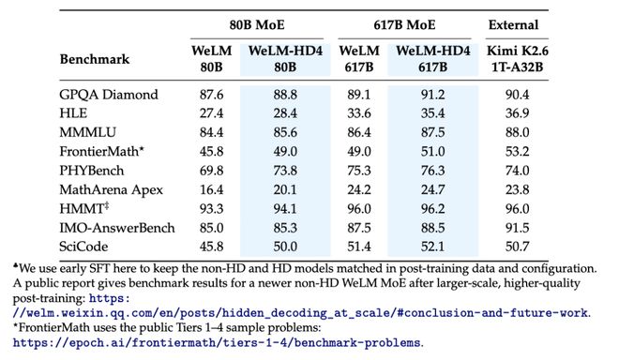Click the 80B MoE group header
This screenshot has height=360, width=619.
click(257, 25)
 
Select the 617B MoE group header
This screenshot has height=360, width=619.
click(404, 25)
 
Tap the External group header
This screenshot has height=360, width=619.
click(513, 25)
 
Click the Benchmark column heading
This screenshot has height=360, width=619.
click(95, 59)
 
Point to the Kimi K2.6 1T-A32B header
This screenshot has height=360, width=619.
click(517, 59)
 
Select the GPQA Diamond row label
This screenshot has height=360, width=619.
click(109, 95)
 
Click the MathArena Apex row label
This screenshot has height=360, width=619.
click(111, 190)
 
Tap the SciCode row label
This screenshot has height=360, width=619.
click(83, 247)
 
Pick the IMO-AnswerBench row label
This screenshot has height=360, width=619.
click(117, 228)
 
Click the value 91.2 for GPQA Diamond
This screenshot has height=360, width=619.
click(432, 95)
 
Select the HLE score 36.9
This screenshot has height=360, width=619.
click(517, 113)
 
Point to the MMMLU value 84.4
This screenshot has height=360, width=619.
click(211, 132)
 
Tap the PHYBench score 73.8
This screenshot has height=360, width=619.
click(285, 171)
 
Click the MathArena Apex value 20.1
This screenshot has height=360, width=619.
click(285, 190)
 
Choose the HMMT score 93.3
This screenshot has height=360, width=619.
click(211, 209)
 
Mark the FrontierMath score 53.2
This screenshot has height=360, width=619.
click(517, 152)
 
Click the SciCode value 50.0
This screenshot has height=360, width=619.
click(285, 247)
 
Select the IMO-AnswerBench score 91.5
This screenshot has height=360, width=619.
click(517, 228)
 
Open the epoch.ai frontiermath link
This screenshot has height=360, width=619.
click(217, 342)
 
